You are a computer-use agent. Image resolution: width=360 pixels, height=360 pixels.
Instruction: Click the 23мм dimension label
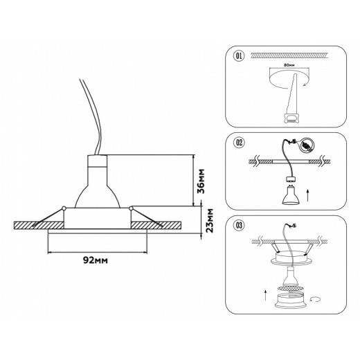click(210, 220)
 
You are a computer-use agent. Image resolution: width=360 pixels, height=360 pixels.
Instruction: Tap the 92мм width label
click(95, 260)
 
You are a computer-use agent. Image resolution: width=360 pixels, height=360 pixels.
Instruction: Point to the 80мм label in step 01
click(289, 65)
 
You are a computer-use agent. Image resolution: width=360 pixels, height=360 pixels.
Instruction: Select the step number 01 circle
click(239, 56)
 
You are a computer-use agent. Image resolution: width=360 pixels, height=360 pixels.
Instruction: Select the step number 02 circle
click(239, 143)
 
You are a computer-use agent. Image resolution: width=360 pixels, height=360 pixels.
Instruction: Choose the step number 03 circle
click(239, 225)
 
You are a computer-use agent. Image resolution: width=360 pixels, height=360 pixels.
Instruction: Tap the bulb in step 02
click(289, 195)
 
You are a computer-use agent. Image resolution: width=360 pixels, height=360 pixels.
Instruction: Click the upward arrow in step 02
click(308, 195)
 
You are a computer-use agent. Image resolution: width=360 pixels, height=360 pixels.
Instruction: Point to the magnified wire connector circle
click(307, 145)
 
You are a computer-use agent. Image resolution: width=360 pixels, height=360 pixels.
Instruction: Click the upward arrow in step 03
click(265, 295)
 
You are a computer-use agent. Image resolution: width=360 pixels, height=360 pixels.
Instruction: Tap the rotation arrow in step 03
click(315, 300)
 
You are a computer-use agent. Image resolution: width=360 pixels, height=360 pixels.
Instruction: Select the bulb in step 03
click(289, 276)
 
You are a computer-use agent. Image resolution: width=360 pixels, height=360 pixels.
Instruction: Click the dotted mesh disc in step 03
click(289, 289)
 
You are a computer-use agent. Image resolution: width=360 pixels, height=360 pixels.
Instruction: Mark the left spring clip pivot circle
click(64, 208)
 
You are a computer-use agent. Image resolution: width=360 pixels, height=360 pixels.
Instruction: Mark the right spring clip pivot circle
click(131, 208)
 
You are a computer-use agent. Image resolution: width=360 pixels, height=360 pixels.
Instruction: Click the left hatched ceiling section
click(39, 225)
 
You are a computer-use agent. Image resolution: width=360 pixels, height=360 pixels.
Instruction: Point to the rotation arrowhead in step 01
click(305, 84)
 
